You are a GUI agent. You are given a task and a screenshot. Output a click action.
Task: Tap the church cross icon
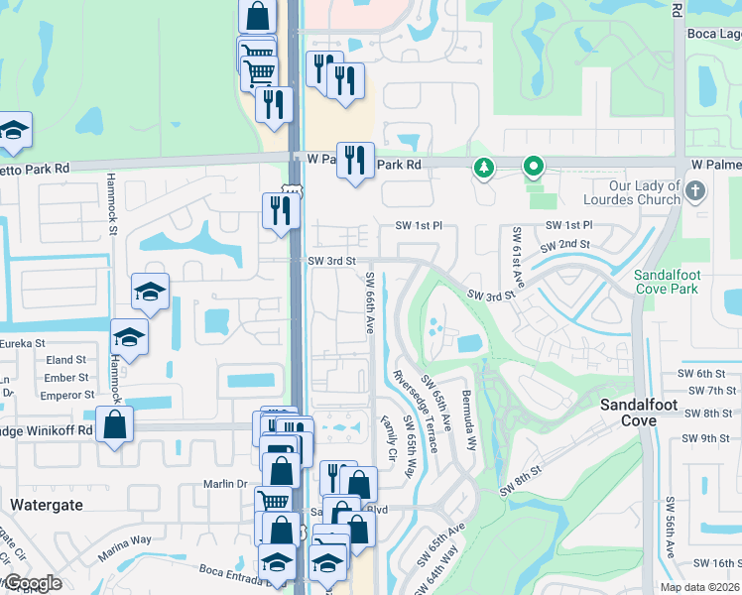[x=695, y=190]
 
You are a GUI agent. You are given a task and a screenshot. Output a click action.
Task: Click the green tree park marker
[x=484, y=168]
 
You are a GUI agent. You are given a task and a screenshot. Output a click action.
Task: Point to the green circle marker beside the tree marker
[x=534, y=168]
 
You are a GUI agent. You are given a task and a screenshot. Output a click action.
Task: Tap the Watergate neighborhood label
[x=44, y=505]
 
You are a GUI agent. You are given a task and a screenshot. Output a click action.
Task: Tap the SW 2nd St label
[x=564, y=245]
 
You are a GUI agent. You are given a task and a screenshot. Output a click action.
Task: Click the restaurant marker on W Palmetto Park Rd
[x=355, y=160]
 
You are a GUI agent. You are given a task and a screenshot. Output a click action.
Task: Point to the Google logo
[x=32, y=583]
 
